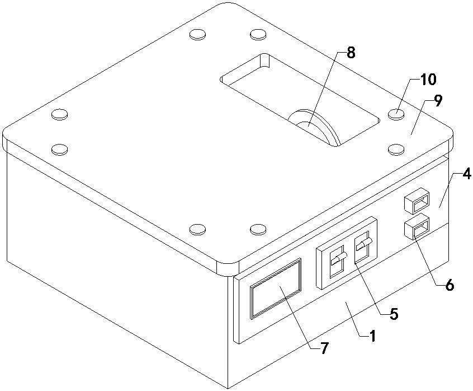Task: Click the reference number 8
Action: pyautogui.click(x=351, y=53)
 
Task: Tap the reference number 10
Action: pyautogui.click(x=428, y=80)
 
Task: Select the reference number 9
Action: pyautogui.click(x=438, y=101)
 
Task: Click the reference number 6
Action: pyautogui.click(x=450, y=285)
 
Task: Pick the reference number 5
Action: pyautogui.click(x=394, y=314)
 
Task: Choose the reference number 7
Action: pyautogui.click(x=324, y=348)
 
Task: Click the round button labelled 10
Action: pyautogui.click(x=396, y=114)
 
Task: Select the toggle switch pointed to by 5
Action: pyautogui.click(x=365, y=247)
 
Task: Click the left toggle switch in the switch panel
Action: pyautogui.click(x=337, y=262)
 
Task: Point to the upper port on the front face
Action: pyautogui.click(x=417, y=201)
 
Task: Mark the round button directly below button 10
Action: pyautogui.click(x=396, y=148)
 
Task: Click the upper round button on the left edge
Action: pyautogui.click(x=60, y=114)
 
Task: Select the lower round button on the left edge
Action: pyautogui.click(x=60, y=149)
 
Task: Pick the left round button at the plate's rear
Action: pyautogui.click(x=197, y=35)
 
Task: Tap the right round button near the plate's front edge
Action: pyautogui.click(x=257, y=228)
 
